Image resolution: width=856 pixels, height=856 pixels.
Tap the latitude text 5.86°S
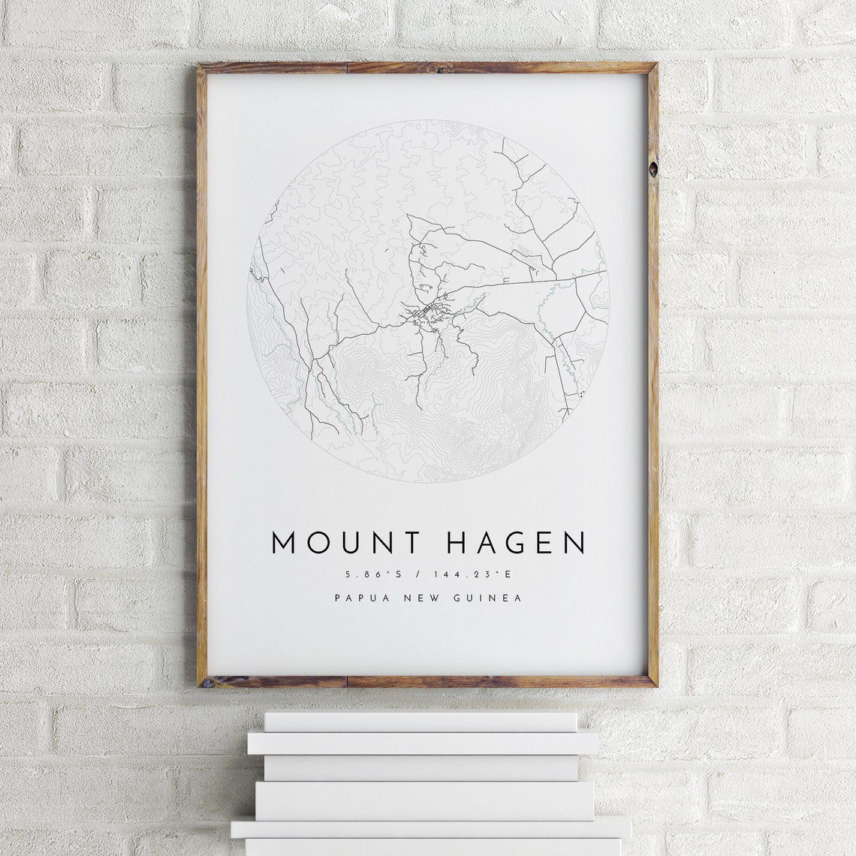pyautogui.click(x=373, y=574)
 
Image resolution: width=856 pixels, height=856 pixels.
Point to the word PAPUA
pyautogui.click(x=360, y=598)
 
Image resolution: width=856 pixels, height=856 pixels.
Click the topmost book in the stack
pyautogui.click(x=420, y=722)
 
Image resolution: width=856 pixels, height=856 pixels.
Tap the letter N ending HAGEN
pyautogui.click(x=574, y=543)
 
